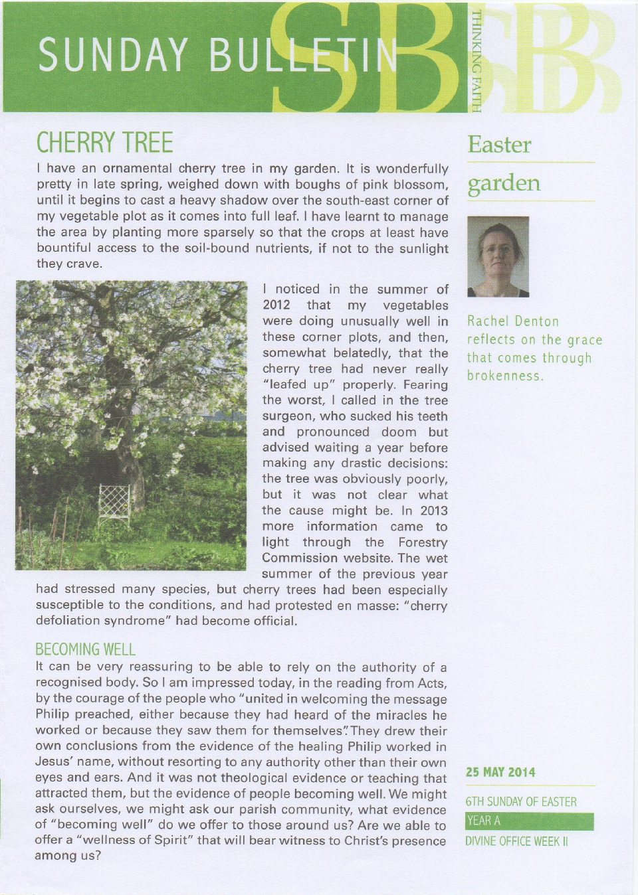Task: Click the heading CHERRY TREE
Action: (x=104, y=143)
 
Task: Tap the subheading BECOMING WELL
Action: (x=85, y=649)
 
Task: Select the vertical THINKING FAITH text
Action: (x=476, y=61)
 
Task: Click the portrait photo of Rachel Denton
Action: (x=498, y=256)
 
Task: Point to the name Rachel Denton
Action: (x=513, y=321)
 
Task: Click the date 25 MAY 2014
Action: (x=500, y=772)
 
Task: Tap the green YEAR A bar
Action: (x=530, y=821)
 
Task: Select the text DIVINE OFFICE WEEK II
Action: (x=517, y=841)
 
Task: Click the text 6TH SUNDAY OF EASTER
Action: (x=521, y=801)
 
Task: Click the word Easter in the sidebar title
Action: (x=499, y=145)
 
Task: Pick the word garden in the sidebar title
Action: (x=504, y=183)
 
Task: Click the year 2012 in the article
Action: (x=276, y=305)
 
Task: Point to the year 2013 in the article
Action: (x=433, y=511)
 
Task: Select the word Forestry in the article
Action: (x=423, y=542)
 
